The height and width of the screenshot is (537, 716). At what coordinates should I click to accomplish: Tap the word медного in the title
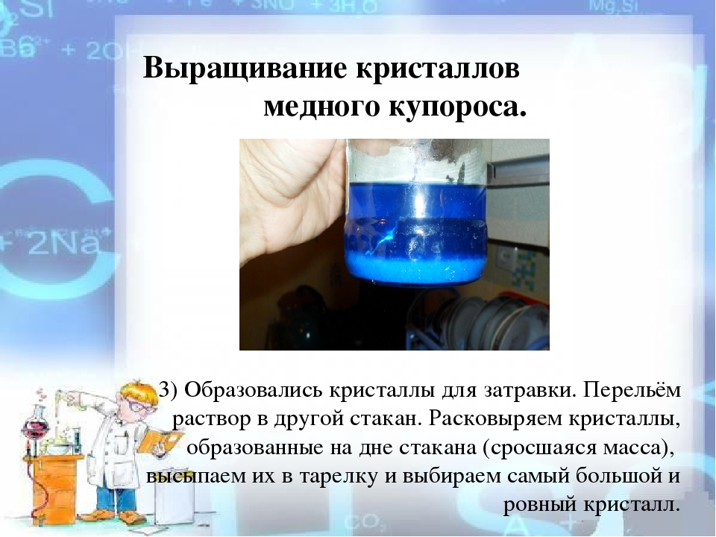322,107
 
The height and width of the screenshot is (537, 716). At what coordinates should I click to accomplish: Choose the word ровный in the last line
539,506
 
